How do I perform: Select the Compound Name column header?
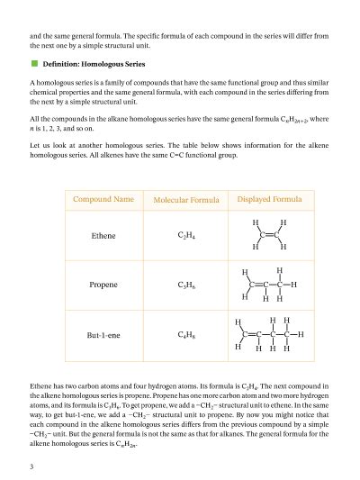tap(103, 198)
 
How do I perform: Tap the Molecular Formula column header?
tap(188, 199)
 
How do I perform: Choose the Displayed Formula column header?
tap(269, 198)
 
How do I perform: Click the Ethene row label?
tap(103, 236)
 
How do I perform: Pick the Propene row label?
tap(103, 285)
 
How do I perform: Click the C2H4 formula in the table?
tap(187, 236)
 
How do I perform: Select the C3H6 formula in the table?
tap(187, 285)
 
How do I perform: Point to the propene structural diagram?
tap(269, 284)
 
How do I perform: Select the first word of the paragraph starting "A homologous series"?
tap(32, 83)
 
